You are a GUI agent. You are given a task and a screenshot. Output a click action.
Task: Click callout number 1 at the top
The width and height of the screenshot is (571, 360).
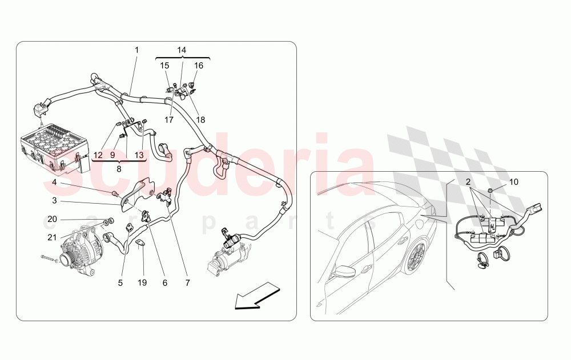pos(136,50)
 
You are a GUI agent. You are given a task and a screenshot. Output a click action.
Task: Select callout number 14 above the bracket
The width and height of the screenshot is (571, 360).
pos(182,50)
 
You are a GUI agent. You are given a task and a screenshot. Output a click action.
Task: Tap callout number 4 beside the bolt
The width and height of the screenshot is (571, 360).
pos(54,183)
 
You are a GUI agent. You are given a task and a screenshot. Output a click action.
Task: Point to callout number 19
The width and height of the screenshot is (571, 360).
pos(143,282)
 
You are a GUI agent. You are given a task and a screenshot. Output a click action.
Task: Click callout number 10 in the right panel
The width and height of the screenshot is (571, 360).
pos(514,182)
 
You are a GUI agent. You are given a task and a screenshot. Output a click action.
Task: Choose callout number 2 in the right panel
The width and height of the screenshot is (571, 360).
pos(468,182)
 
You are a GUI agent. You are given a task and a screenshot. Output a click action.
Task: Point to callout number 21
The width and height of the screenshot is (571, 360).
pos(52,237)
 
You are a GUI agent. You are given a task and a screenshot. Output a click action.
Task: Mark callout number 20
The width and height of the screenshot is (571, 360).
pos(52,220)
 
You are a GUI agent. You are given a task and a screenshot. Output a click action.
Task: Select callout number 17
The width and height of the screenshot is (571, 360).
pos(169,120)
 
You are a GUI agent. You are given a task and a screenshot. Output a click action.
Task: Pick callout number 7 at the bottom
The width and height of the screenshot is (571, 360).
pos(187,282)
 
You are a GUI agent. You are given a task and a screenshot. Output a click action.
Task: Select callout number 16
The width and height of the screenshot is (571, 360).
pos(199,66)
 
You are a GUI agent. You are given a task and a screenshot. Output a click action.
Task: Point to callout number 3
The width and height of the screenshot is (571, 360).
pos(54,201)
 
